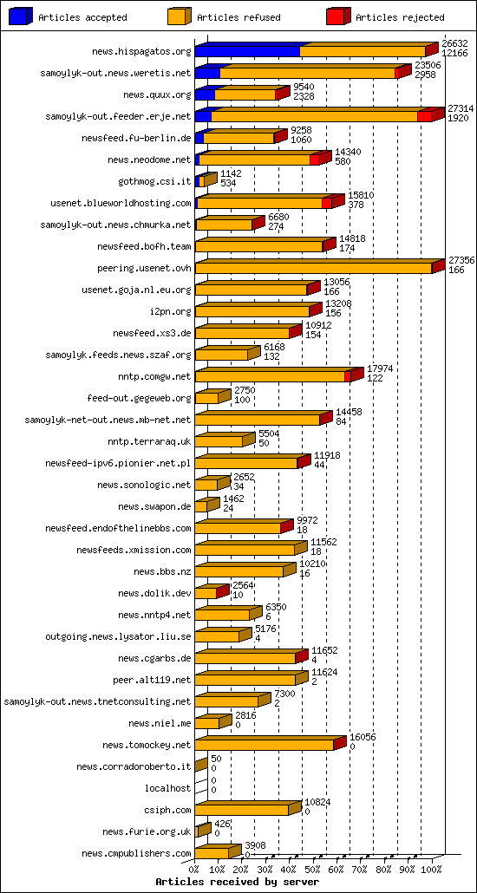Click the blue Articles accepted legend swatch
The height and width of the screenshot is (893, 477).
point(20,16)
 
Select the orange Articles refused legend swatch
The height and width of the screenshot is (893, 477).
point(179,16)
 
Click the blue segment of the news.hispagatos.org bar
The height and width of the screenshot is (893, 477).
point(247,52)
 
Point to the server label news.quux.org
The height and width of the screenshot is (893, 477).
point(157,95)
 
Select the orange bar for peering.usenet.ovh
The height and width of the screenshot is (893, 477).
point(313,269)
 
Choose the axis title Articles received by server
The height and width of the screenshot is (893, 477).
point(237,882)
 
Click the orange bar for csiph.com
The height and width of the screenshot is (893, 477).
point(242,811)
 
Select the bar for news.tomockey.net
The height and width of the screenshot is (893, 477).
point(265,746)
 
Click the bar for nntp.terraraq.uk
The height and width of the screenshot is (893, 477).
point(219,442)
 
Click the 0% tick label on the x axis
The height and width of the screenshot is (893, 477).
point(194,870)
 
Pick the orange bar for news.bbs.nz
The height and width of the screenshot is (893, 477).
point(239,572)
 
